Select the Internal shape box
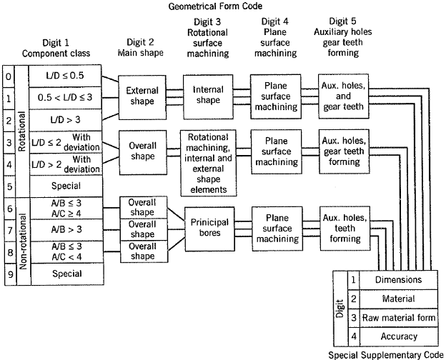click(x=209, y=96)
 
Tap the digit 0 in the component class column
click(x=8, y=75)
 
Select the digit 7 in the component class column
click(x=8, y=231)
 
